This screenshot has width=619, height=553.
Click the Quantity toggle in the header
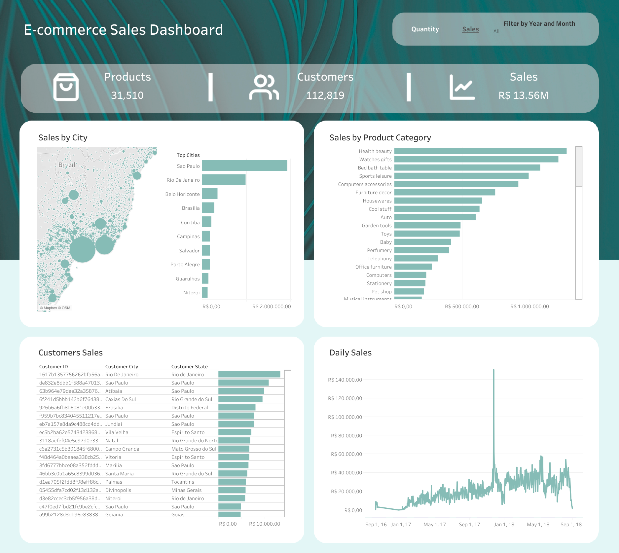[x=425, y=29]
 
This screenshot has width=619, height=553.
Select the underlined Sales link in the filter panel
[x=470, y=29]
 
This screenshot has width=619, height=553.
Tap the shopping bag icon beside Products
[x=66, y=87]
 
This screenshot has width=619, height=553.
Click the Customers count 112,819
[x=325, y=95]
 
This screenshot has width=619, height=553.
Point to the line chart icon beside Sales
[x=462, y=87]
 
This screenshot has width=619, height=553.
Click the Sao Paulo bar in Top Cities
[x=244, y=166]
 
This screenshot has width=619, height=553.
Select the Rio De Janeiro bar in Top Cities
[x=224, y=180]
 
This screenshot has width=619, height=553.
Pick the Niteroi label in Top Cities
[x=191, y=293]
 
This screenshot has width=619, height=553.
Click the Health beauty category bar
[x=480, y=151]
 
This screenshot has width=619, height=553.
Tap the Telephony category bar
[x=416, y=258]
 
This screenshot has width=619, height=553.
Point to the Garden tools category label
[x=377, y=226]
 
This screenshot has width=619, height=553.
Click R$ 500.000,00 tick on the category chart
[x=462, y=307]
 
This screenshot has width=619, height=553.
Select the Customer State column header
[x=189, y=367]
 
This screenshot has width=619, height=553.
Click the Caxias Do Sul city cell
[x=121, y=399]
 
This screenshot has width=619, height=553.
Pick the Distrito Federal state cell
[x=190, y=408]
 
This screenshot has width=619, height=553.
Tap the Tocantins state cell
[x=183, y=482]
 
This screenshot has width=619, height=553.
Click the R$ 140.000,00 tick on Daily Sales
[x=345, y=380]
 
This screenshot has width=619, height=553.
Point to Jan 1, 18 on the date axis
[x=504, y=525]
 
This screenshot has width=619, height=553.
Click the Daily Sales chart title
[x=350, y=353]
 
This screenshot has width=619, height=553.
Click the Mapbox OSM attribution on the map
[x=55, y=308]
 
